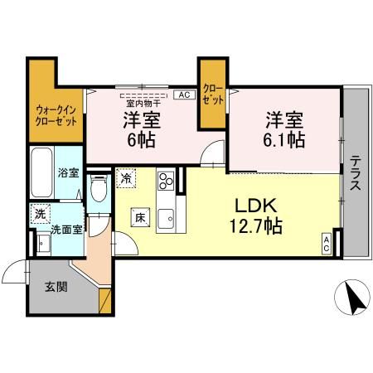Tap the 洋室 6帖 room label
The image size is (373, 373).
(x=142, y=129)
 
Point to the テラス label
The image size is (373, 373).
(x=354, y=174)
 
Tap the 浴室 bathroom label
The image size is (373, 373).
(x=68, y=173)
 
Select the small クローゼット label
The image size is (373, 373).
(x=213, y=94)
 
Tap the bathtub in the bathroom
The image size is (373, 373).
(x=43, y=172)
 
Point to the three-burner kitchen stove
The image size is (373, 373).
(x=166, y=180)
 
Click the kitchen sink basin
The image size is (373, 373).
(x=166, y=219)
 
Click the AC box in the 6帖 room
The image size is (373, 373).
(x=183, y=94)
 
